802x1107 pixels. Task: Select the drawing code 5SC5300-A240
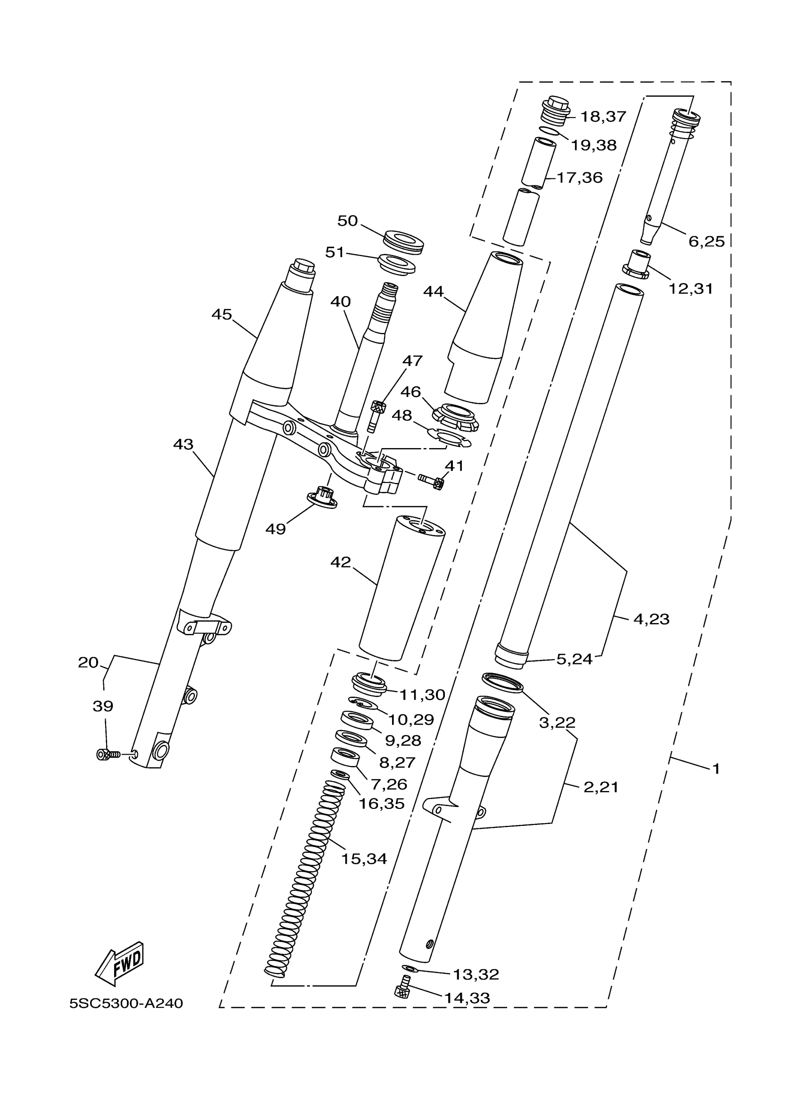tap(126, 1004)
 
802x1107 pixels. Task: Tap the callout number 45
tap(222, 314)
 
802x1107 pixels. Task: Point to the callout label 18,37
tap(603, 117)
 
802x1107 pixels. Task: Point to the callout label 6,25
tap(706, 241)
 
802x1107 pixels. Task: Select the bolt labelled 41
tap(431, 480)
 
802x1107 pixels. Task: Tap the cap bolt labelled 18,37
tap(556, 111)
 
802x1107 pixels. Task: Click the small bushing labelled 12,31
tap(637, 264)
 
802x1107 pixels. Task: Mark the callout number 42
tap(340, 562)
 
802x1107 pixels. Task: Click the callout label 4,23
tap(651, 619)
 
